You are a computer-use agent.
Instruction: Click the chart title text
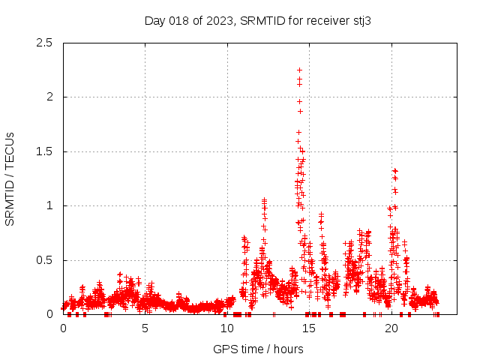click(x=258, y=20)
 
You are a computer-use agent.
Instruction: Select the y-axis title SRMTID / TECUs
click(x=10, y=178)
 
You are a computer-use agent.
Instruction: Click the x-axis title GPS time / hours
click(x=258, y=349)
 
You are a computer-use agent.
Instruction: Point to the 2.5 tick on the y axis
click(x=46, y=43)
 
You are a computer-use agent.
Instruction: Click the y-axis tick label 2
click(x=49, y=97)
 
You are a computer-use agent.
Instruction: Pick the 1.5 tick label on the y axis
click(x=46, y=151)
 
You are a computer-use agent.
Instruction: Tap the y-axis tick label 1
click(x=49, y=205)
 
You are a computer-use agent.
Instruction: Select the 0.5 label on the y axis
click(x=46, y=260)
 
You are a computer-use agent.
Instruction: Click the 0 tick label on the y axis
click(x=49, y=315)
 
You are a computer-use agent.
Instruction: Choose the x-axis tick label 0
click(x=63, y=328)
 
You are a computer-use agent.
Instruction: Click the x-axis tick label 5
click(x=145, y=328)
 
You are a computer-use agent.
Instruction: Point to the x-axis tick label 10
click(x=227, y=328)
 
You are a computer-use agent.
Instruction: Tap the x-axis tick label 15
click(x=310, y=328)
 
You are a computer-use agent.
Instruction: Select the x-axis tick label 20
click(x=391, y=328)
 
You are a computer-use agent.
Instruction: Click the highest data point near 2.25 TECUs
click(x=299, y=70)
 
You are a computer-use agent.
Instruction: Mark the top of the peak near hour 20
click(x=395, y=171)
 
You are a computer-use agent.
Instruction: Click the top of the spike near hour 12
click(x=264, y=200)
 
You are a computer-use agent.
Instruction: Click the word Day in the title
click(x=154, y=20)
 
